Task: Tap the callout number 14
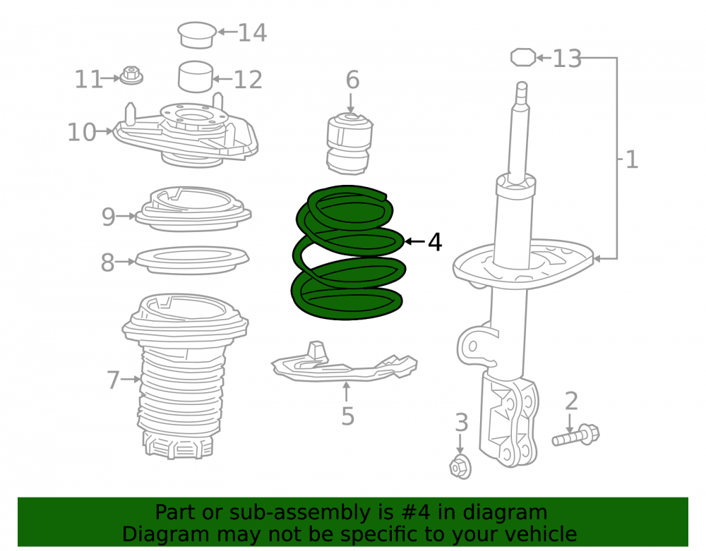[252, 33]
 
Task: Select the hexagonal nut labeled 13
[523, 58]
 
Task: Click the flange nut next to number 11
[131, 75]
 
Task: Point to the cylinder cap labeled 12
[196, 76]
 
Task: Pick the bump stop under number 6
[349, 144]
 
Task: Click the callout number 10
[81, 132]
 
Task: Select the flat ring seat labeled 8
[192, 260]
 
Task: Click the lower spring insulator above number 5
[344, 364]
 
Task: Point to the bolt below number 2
[576, 435]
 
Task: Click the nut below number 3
[460, 466]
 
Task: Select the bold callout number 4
[434, 242]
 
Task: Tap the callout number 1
[632, 159]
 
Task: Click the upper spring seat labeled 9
[193, 209]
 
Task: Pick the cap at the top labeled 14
[197, 35]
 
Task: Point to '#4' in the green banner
[414, 512]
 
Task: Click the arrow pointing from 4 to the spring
[414, 242]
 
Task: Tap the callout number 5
[347, 416]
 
